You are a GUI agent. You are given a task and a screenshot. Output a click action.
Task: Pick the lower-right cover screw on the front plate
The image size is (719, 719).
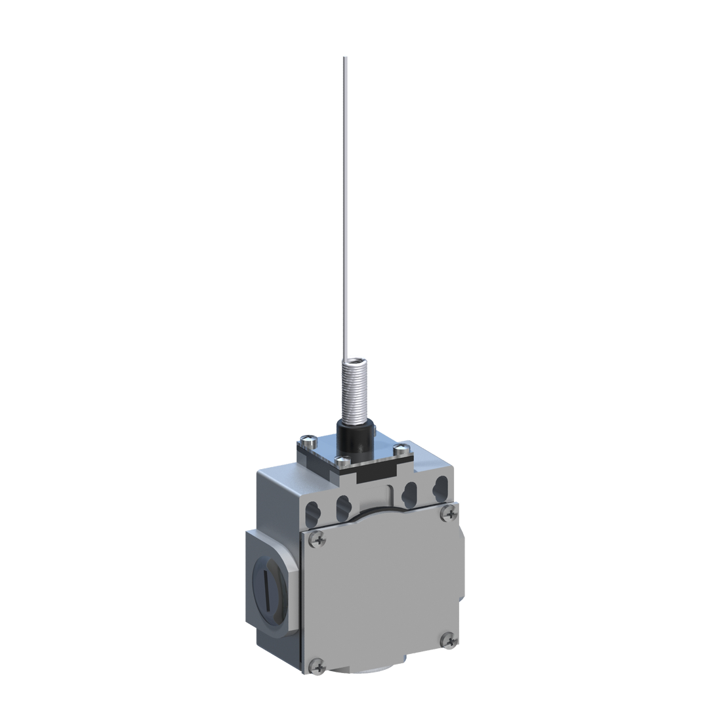(x=447, y=638)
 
